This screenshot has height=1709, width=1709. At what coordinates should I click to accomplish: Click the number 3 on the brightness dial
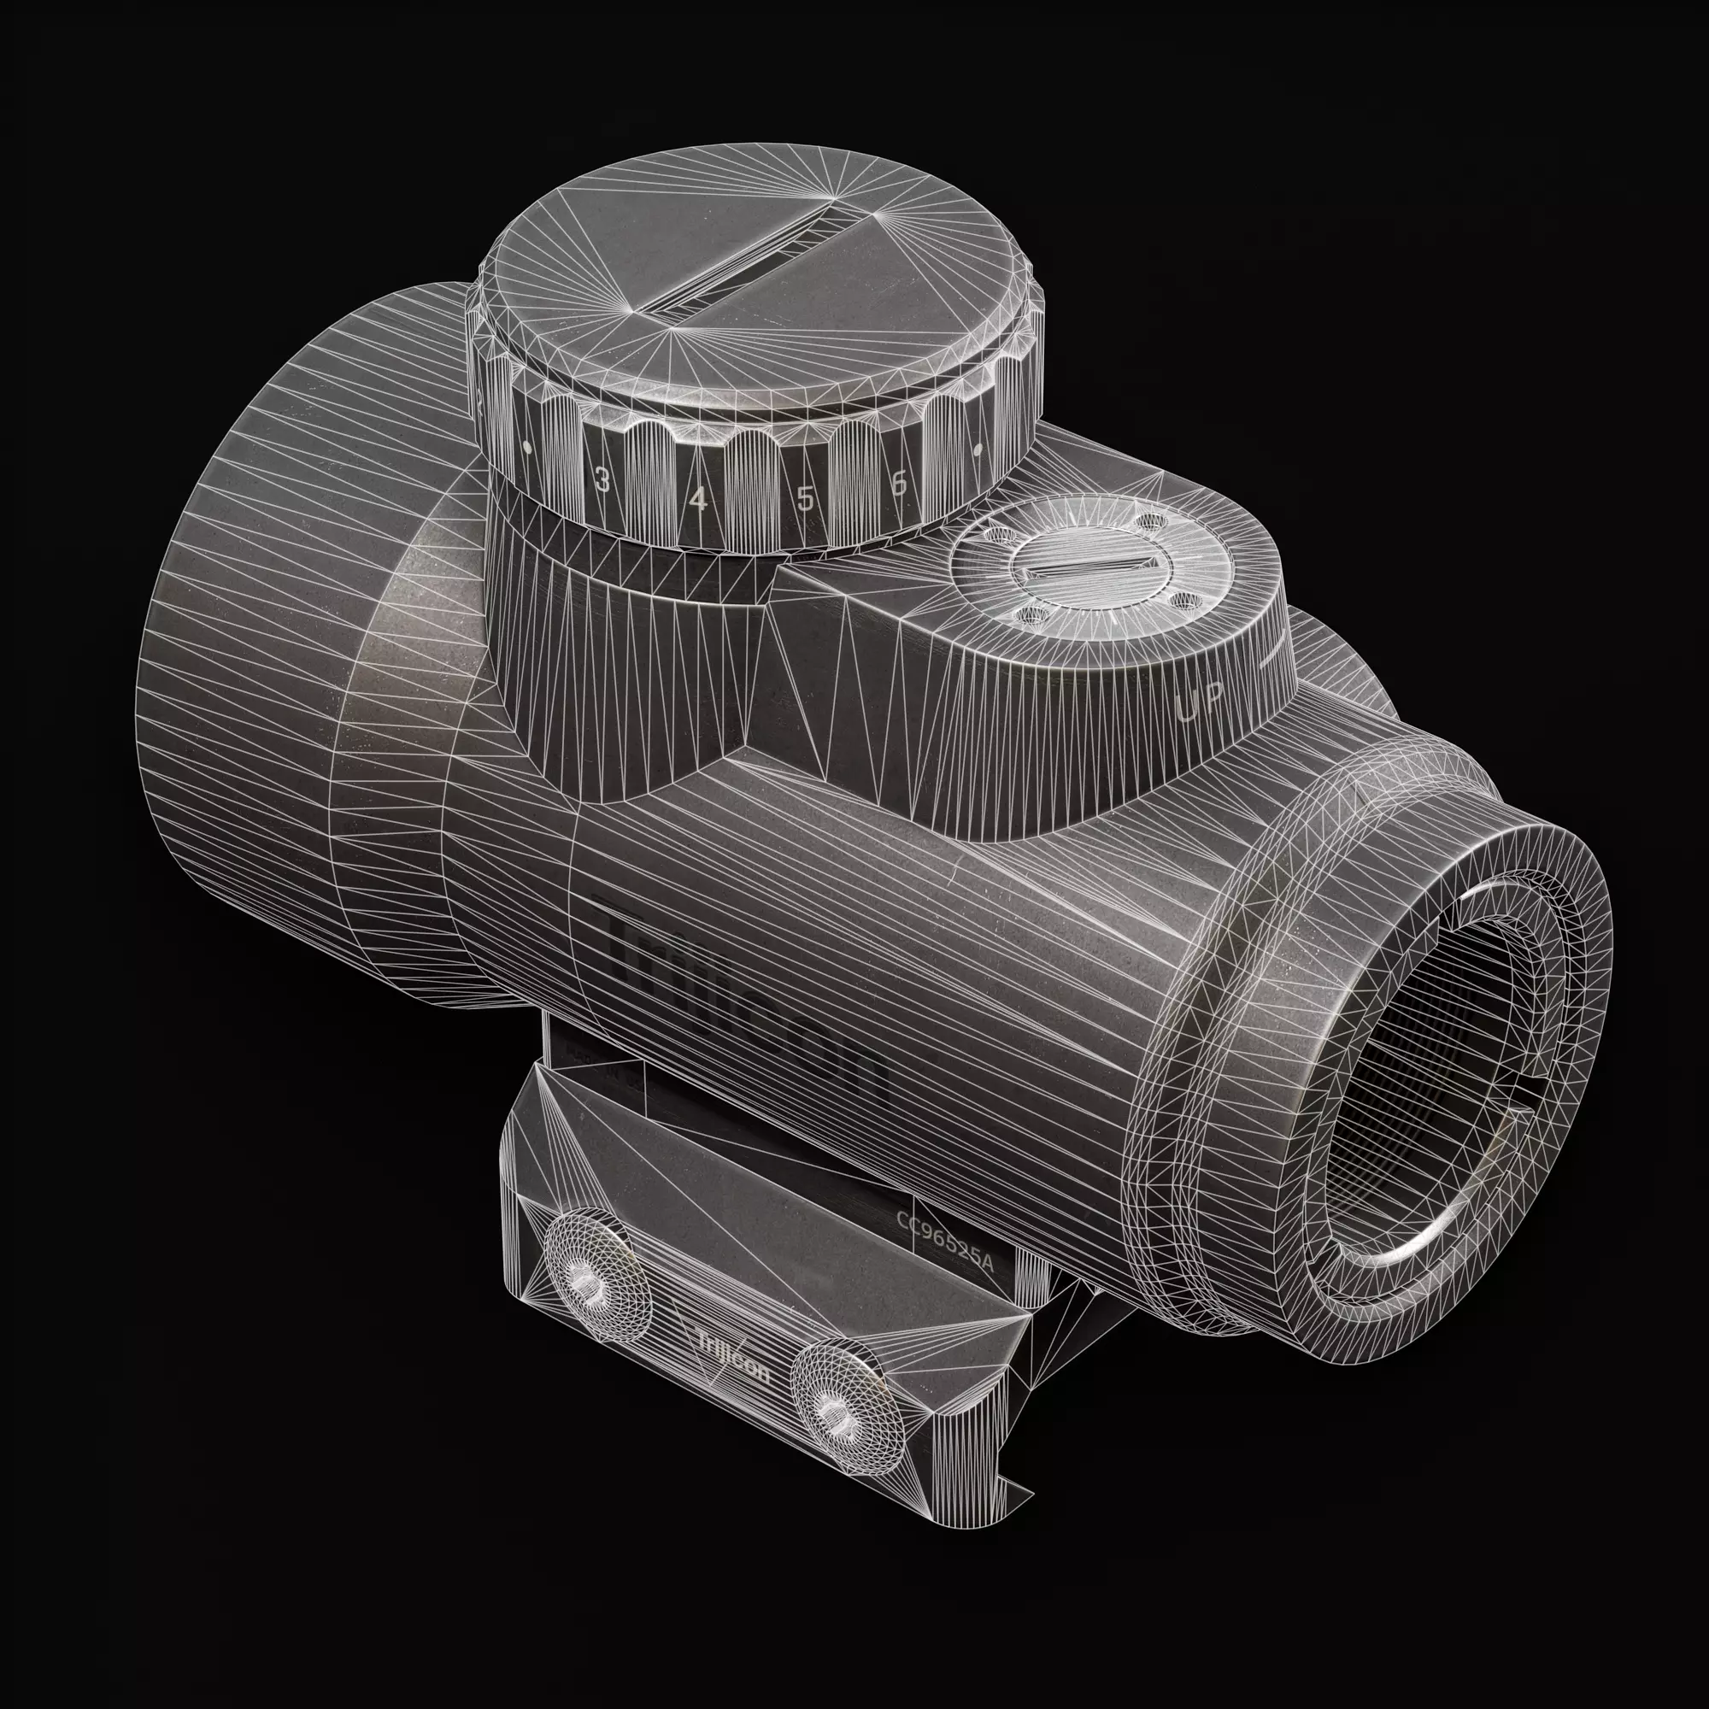(602, 482)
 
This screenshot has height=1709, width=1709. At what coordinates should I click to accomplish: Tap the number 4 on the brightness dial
(699, 500)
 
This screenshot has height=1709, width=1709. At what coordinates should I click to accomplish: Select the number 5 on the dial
(804, 499)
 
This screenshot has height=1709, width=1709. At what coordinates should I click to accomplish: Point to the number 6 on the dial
(900, 483)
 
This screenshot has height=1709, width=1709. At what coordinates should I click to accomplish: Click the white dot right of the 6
(978, 450)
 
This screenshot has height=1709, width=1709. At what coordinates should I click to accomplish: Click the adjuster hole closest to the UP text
(1182, 602)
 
